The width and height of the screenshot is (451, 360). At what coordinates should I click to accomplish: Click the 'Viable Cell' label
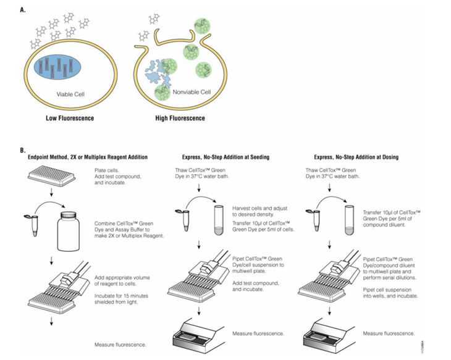(70, 94)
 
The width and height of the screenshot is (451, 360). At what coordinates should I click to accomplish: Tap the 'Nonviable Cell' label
(192, 92)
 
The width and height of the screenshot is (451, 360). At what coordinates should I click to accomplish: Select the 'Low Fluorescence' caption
(70, 118)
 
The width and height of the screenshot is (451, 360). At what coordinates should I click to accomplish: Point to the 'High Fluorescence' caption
(180, 118)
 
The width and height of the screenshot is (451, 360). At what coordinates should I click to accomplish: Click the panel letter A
(23, 10)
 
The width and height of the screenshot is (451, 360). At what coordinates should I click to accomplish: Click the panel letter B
(23, 150)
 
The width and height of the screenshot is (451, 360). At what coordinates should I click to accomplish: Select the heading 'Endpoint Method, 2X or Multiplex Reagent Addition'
(88, 157)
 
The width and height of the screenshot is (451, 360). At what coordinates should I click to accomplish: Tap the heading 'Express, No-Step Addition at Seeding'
(225, 157)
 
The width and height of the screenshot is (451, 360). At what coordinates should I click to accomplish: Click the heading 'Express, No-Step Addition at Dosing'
(356, 157)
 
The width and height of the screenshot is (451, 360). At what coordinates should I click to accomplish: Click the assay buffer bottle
(69, 232)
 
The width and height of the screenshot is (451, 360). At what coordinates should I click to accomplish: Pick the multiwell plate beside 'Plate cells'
(52, 176)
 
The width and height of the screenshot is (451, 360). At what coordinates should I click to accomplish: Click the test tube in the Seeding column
(219, 220)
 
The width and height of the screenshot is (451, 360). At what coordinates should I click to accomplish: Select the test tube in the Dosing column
(349, 220)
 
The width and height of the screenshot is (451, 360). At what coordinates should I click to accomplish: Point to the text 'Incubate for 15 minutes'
(121, 296)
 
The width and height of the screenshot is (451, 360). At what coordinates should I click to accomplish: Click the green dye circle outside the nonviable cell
(202, 26)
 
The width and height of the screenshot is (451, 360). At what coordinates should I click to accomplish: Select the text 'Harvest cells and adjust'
(259, 208)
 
